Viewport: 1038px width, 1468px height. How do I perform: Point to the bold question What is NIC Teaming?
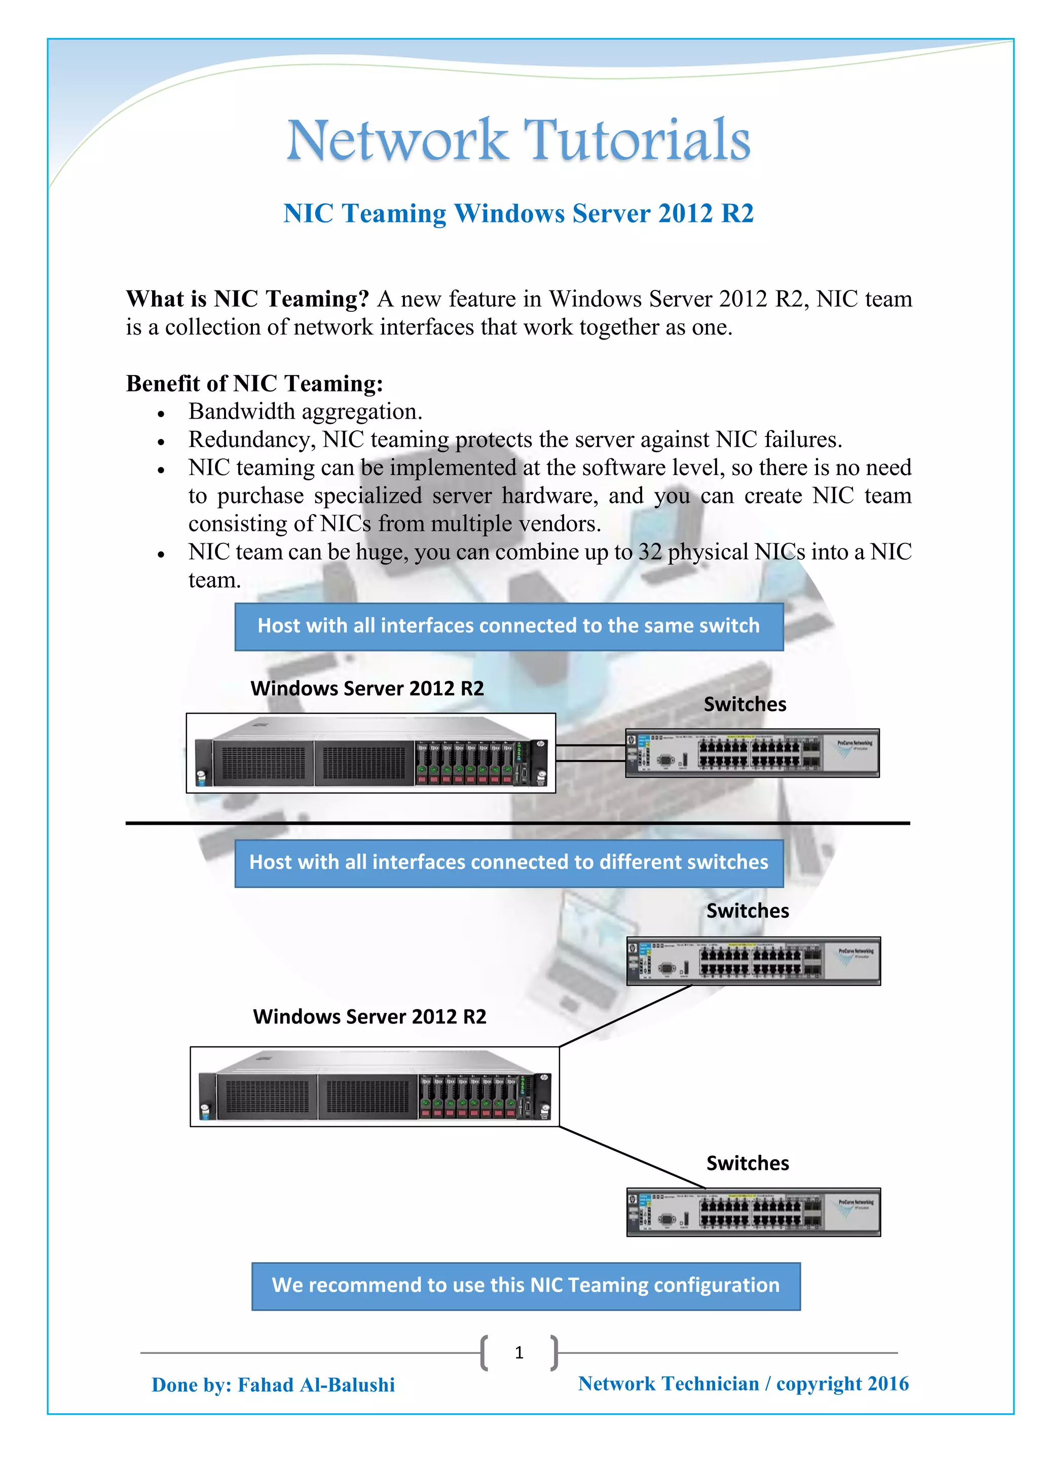pos(247,299)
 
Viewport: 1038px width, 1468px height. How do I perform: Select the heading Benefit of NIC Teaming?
pos(254,383)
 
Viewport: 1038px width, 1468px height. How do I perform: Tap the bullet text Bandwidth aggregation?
pos(305,412)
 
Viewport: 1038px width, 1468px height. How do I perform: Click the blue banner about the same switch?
pos(509,626)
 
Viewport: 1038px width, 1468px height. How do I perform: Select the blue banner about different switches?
pos(509,863)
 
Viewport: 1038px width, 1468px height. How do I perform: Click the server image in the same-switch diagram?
pos(370,753)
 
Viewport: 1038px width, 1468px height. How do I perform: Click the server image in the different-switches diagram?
pos(375,1086)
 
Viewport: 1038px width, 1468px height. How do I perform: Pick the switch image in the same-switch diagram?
pos(752,753)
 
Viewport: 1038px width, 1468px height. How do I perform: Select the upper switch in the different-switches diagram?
pos(753,961)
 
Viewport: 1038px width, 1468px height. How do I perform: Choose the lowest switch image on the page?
pos(753,1212)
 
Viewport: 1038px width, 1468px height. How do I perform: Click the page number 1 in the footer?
pos(519,1352)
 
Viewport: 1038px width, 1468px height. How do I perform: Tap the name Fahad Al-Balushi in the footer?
pos(316,1385)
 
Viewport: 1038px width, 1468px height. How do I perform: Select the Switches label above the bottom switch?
pos(747,1163)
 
